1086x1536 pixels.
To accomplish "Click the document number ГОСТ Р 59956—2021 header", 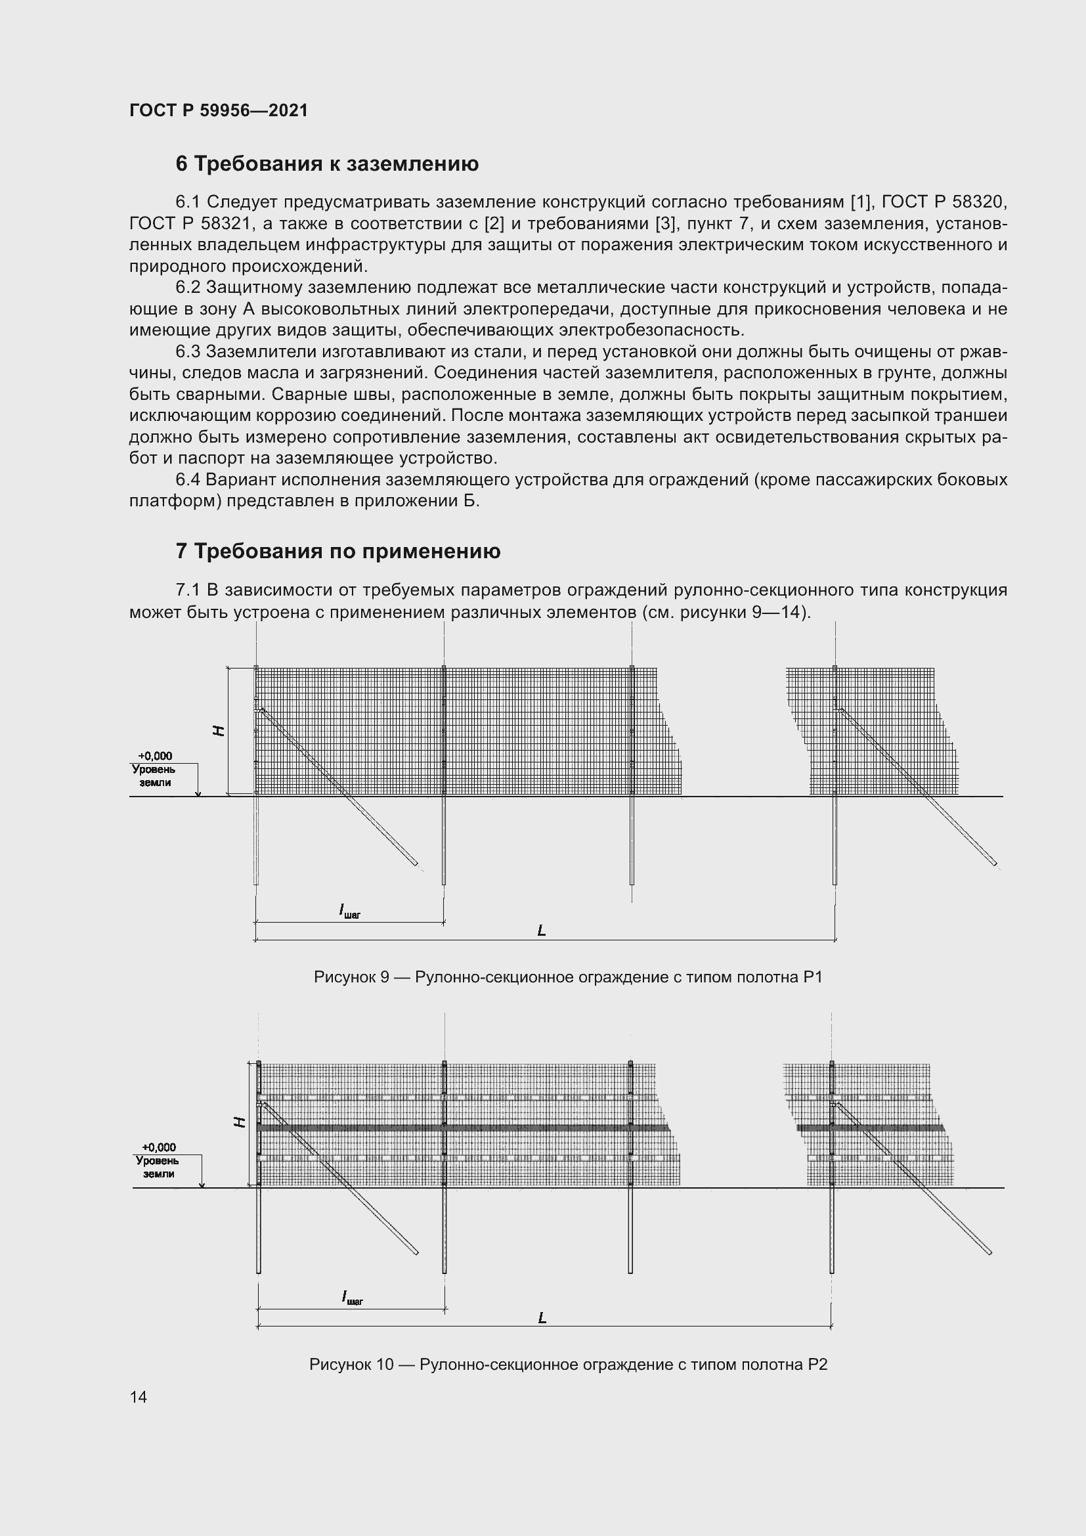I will [219, 110].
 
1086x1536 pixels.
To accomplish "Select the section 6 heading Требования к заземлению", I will [327, 164].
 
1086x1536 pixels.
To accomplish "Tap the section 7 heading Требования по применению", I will [337, 551].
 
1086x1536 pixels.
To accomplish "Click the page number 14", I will [139, 1397].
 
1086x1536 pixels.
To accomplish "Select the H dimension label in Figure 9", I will [218, 730].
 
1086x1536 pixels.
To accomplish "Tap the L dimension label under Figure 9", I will [542, 930].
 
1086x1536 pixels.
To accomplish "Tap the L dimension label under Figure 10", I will [542, 1317].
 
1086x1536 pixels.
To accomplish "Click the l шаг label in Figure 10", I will [353, 1298].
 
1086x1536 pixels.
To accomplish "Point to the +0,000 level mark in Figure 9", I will [154, 756].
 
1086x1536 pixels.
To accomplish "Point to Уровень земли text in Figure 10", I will [158, 1167].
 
